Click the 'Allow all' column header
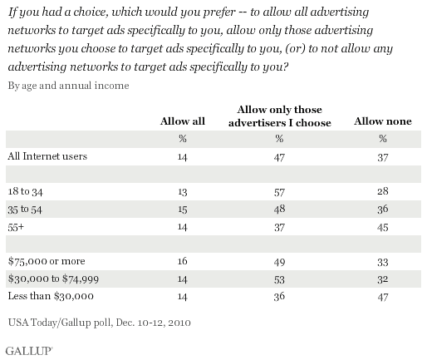coord(183,121)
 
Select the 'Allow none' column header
coord(383,121)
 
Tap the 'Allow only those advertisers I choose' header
coord(280,116)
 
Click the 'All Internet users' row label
coord(47,156)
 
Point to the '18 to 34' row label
coord(25,191)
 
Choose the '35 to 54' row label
coord(25,210)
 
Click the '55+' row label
coord(16,227)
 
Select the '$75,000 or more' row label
coord(47,261)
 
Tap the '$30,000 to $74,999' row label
coord(53,279)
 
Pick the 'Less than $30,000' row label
coord(51,296)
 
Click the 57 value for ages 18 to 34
coord(279,192)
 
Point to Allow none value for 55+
coord(383,228)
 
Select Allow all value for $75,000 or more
coord(183,261)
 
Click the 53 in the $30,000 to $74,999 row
coord(279,279)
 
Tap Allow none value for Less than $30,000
coord(383,297)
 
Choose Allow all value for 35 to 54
coord(183,210)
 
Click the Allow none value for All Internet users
coord(383,157)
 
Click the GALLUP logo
coord(29,351)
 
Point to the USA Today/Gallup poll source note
coord(100,323)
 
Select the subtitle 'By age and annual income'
coord(68,86)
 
